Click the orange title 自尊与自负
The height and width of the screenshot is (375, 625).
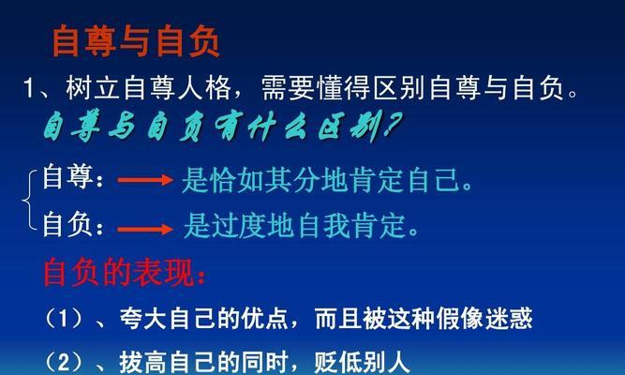coord(136,41)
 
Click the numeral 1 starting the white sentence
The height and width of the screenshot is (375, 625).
coord(29,88)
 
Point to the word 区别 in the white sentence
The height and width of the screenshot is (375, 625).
coord(400,88)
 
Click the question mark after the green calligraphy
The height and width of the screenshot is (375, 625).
coord(393,125)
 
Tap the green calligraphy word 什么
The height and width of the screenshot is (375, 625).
coord(276,127)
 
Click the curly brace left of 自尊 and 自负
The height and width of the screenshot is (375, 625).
coord(29,200)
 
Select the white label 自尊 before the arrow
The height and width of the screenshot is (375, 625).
coord(67,177)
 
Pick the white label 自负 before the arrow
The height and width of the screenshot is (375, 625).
coord(67,225)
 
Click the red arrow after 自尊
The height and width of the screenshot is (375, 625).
coord(145,180)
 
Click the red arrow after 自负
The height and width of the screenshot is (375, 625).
coord(145,230)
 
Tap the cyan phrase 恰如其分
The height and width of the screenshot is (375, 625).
coord(265,180)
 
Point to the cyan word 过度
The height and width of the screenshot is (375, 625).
coord(239,226)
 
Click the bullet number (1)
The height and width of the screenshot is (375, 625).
coord(64,319)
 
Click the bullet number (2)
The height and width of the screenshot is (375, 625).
coord(64,362)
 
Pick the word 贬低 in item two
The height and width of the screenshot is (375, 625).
coord(338,362)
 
